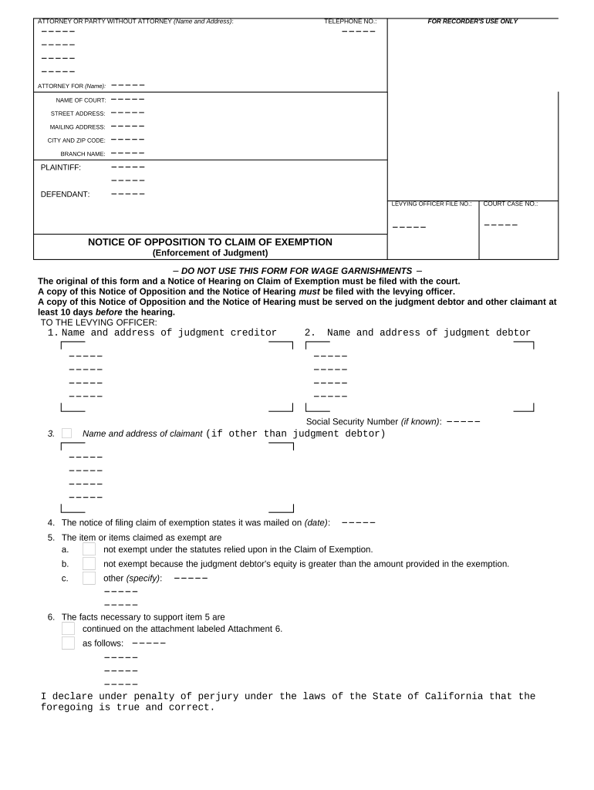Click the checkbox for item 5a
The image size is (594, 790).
(x=89, y=549)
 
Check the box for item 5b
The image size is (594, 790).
(x=89, y=564)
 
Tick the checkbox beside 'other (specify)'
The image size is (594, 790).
(x=89, y=578)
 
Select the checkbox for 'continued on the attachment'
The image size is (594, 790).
(x=68, y=629)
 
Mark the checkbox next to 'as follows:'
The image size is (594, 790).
(x=68, y=643)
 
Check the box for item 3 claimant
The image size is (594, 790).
(x=66, y=434)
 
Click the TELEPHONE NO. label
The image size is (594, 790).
(x=350, y=22)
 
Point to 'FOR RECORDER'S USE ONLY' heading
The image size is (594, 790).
(x=473, y=22)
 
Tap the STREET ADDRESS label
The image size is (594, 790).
(x=77, y=113)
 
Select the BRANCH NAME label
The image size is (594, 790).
(x=83, y=154)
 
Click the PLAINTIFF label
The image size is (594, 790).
(x=60, y=167)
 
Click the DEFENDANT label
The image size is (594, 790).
(x=65, y=194)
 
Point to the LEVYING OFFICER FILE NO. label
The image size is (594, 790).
(x=431, y=204)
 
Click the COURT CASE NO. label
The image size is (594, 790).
(x=511, y=204)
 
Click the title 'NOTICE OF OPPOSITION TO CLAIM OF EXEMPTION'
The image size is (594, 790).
(x=210, y=242)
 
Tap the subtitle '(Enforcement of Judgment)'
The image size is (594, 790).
(x=210, y=252)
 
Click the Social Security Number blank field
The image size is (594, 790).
(x=463, y=422)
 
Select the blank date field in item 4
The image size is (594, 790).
(x=358, y=523)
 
